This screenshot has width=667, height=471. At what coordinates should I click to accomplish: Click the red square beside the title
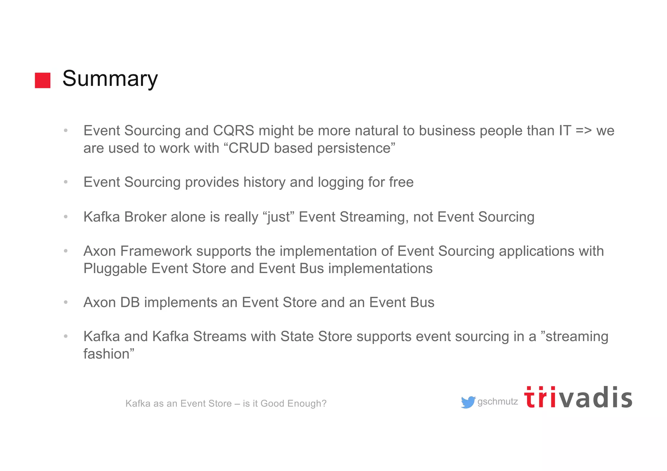[x=43, y=80]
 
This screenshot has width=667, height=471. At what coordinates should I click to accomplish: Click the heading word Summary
[x=110, y=79]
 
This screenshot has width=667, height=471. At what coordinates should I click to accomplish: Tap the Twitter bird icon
[x=468, y=402]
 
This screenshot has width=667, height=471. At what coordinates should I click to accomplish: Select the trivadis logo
[x=578, y=398]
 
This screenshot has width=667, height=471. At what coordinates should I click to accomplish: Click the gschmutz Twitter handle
[x=497, y=402]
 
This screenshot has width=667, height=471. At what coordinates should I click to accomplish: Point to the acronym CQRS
[x=233, y=131]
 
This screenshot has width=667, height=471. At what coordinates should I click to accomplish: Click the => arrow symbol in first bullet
[x=584, y=131]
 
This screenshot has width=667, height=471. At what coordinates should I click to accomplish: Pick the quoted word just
[x=278, y=217]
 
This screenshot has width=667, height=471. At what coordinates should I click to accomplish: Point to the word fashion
[x=106, y=354]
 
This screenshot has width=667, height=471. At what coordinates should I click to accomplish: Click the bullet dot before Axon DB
[x=66, y=302]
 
